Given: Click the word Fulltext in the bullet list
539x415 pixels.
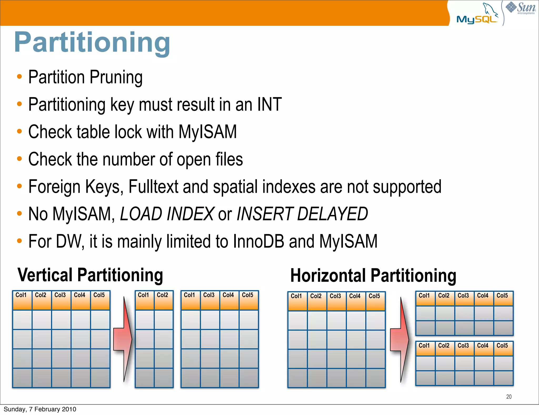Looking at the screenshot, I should pyautogui.click(x=153, y=187).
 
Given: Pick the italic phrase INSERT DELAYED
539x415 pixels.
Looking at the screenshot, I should pyautogui.click(x=302, y=214).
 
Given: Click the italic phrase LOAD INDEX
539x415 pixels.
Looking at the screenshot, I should pyautogui.click(x=167, y=214).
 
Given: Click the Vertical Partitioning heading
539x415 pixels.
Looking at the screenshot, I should pyautogui.click(x=90, y=275).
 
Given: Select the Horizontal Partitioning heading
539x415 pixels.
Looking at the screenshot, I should pyautogui.click(x=373, y=275).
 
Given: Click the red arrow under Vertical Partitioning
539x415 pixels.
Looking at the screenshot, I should pyautogui.click(x=123, y=339).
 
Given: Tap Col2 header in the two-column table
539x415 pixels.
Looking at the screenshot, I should pyautogui.click(x=162, y=295).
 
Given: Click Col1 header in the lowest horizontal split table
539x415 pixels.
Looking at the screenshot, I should pyautogui.click(x=424, y=346).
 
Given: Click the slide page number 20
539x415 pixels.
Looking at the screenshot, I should pyautogui.click(x=509, y=397).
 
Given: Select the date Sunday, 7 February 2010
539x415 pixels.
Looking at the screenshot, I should pyautogui.click(x=40, y=409).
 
